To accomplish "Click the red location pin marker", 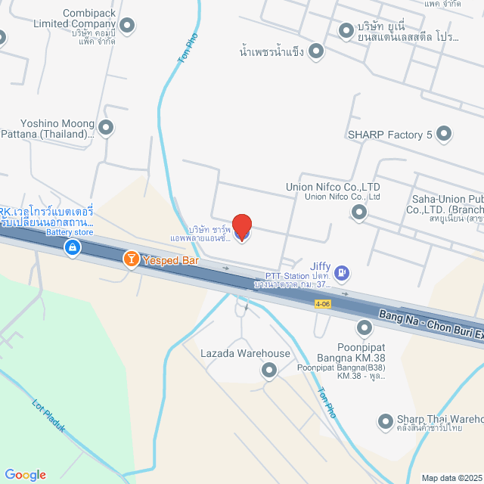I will coord(241,226).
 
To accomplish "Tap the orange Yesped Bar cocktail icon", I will coord(131,259).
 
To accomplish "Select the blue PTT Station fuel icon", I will coord(342,271).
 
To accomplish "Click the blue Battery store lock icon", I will coord(72,247).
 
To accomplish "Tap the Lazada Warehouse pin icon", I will coord(268,370).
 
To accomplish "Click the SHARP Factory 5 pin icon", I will coord(443,135).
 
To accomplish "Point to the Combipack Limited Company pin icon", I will coord(127,26).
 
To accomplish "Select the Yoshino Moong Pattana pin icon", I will coord(106,128).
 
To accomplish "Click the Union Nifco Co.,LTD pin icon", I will coord(359,213).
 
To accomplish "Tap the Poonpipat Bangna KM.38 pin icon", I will coord(365,327).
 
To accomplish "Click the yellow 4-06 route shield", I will coord(323,303).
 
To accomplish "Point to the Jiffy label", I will coord(319,266).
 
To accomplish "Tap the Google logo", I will coord(25,474).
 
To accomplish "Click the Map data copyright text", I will coord(451,478).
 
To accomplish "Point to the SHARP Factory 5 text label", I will coord(389,135).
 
